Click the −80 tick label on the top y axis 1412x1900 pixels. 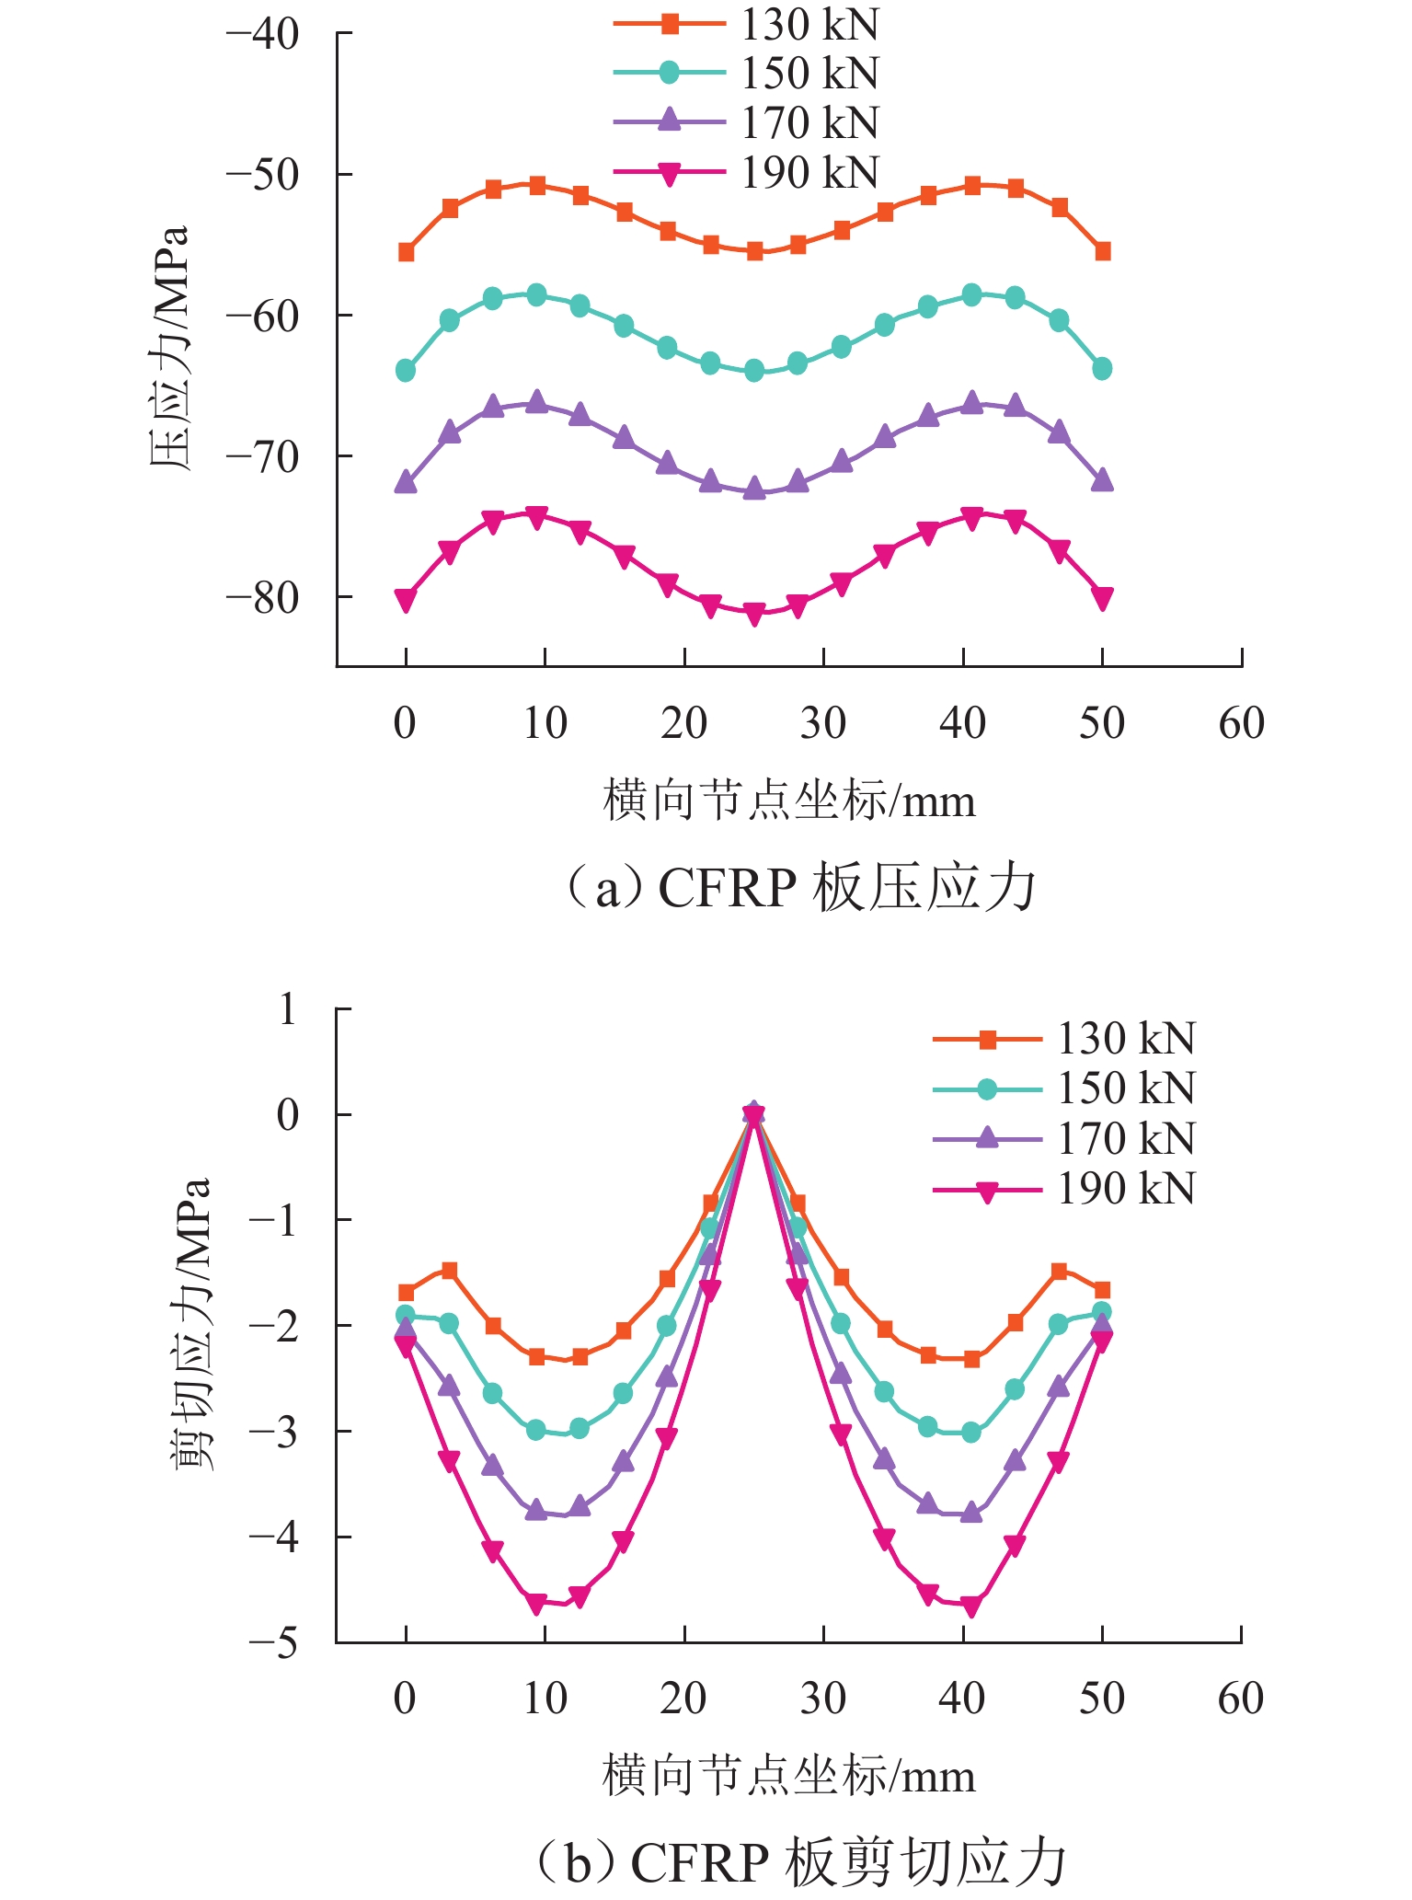(x=263, y=598)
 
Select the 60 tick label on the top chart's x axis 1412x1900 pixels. (x=1241, y=724)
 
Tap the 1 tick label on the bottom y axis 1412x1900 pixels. (x=288, y=1009)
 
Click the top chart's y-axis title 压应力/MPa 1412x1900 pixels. (x=170, y=348)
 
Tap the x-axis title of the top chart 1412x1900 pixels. (x=788, y=800)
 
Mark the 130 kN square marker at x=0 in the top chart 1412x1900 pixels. (x=406, y=252)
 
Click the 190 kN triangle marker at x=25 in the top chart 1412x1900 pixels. (x=754, y=615)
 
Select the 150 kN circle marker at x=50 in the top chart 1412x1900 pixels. (x=1102, y=369)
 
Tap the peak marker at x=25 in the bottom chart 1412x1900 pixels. (x=754, y=1114)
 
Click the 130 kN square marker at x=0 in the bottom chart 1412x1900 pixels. (x=406, y=1293)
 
